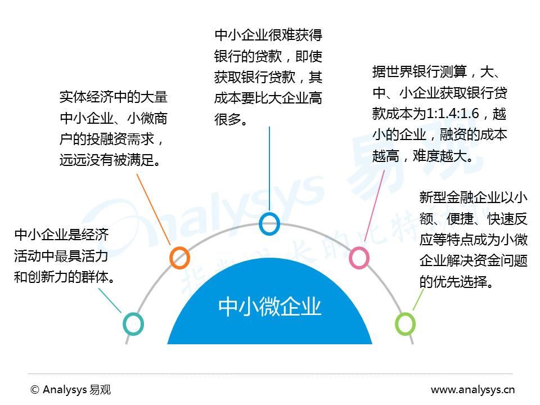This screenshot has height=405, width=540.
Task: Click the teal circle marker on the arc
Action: tap(133, 324)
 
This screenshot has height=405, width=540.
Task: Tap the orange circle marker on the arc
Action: tap(179, 258)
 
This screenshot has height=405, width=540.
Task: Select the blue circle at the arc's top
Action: tap(269, 223)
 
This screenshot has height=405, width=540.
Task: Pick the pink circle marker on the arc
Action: tap(359, 258)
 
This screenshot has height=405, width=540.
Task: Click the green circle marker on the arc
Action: tap(405, 324)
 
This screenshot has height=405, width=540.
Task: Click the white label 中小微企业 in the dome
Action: tap(269, 307)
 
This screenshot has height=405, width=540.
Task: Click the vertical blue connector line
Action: tap(269, 169)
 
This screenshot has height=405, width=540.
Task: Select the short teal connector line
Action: tap(110, 300)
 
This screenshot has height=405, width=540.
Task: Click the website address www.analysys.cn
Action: tap(472, 389)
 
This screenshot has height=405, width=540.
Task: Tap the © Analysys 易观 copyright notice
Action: tap(71, 389)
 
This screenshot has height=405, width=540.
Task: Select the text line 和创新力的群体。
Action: tap(65, 277)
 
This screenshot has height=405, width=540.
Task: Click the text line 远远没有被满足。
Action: tap(110, 160)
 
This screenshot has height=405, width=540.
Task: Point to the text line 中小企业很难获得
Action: tap(268, 35)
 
